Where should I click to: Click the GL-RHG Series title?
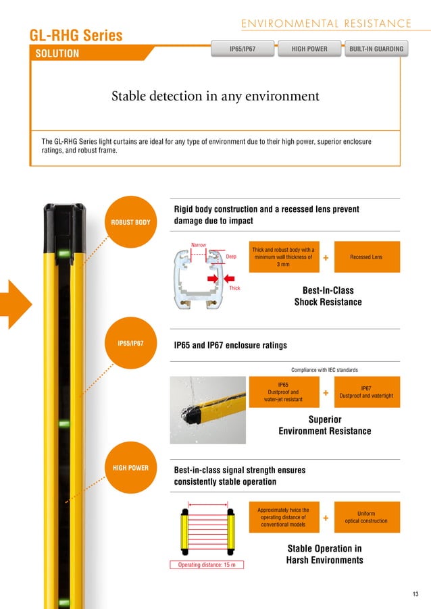[x=76, y=36]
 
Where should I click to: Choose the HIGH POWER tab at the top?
[x=309, y=49]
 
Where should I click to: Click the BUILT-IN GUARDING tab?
[x=376, y=49]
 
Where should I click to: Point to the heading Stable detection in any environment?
[x=215, y=97]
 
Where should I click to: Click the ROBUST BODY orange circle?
[x=130, y=221]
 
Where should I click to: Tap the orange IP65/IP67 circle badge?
[x=130, y=344]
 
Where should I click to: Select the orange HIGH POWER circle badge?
[x=130, y=467]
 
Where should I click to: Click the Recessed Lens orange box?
[x=367, y=257]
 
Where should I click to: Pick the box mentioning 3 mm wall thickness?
[x=283, y=257]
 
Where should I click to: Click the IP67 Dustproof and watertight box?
[x=367, y=392]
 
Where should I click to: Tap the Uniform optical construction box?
[x=367, y=517]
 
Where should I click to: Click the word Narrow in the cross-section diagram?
[x=199, y=246]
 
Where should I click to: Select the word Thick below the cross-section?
[x=234, y=288]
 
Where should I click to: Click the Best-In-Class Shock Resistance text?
[x=328, y=296]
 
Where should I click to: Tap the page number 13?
[x=415, y=594]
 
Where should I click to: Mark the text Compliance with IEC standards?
[x=325, y=369]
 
